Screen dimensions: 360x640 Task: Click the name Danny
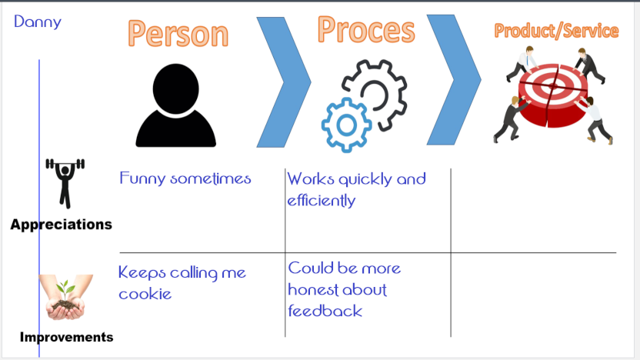[x=38, y=21]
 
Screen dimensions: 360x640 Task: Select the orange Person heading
[x=178, y=34]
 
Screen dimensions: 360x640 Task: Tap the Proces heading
[x=365, y=30]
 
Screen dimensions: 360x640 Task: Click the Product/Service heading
[x=556, y=31]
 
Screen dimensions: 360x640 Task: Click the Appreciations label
[x=62, y=225]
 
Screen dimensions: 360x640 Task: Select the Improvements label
[x=66, y=337]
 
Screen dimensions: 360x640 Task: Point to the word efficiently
[x=322, y=201]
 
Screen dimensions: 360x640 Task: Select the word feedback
[x=325, y=311]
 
